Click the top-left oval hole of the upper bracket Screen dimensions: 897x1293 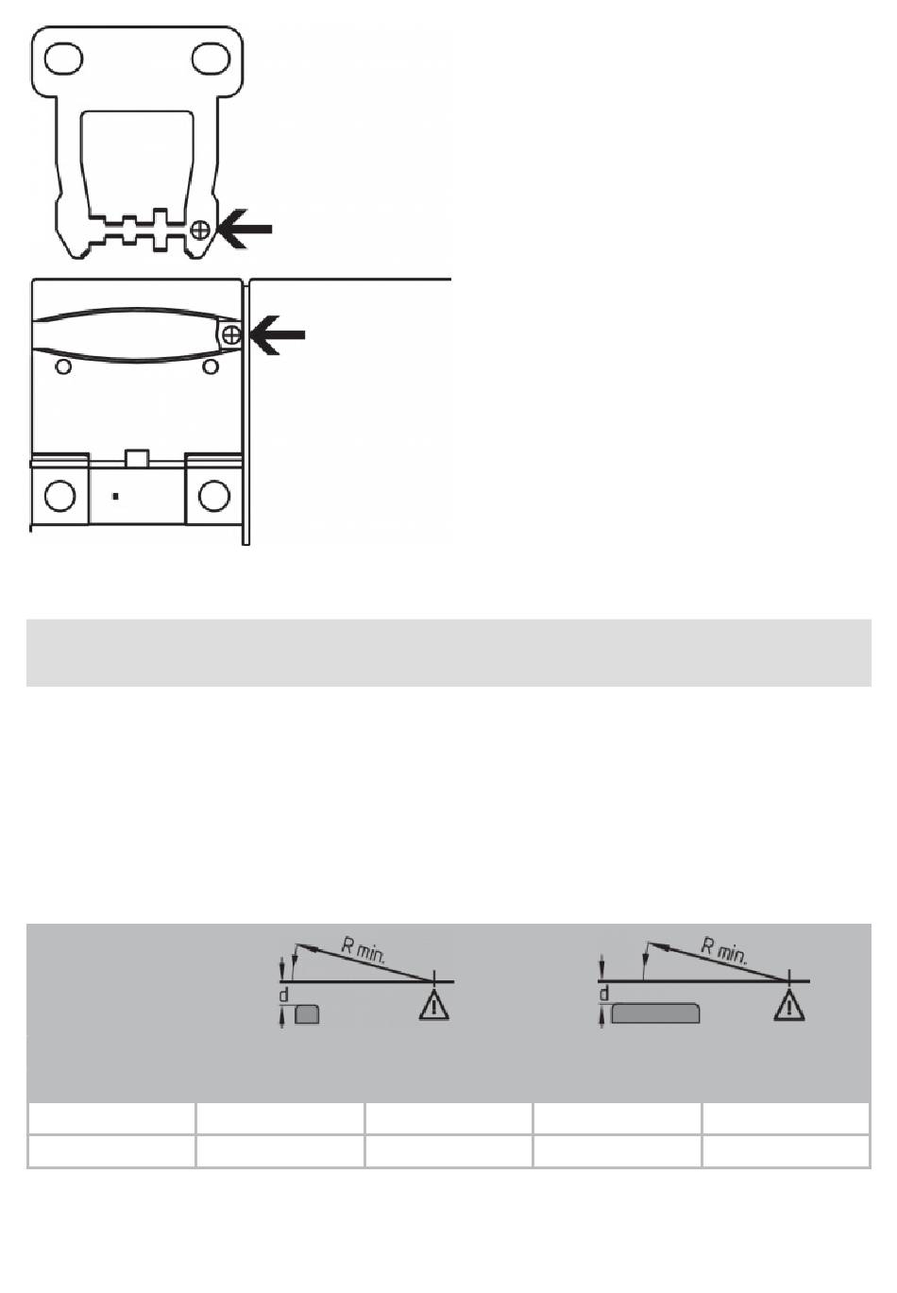pyautogui.click(x=63, y=59)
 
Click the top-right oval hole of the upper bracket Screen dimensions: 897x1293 pyautogui.click(x=212, y=60)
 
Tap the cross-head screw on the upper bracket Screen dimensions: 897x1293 pyautogui.click(x=199, y=230)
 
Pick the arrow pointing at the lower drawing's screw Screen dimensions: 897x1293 pyautogui.click(x=279, y=334)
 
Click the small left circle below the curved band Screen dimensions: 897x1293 pyautogui.click(x=63, y=366)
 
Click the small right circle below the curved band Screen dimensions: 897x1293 pyautogui.click(x=212, y=366)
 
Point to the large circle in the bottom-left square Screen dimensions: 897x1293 pyautogui.click(x=60, y=496)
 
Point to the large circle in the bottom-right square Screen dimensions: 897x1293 pyautogui.click(x=213, y=496)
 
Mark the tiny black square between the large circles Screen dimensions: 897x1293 pyautogui.click(x=115, y=496)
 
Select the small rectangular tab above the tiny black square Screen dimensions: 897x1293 pyautogui.click(x=137, y=458)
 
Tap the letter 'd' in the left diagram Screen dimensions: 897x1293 pyautogui.click(x=284, y=995)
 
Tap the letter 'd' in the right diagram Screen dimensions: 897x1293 pyautogui.click(x=603, y=994)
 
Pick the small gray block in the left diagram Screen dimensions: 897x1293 pyautogui.click(x=307, y=1013)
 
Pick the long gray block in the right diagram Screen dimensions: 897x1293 pyautogui.click(x=655, y=1013)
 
